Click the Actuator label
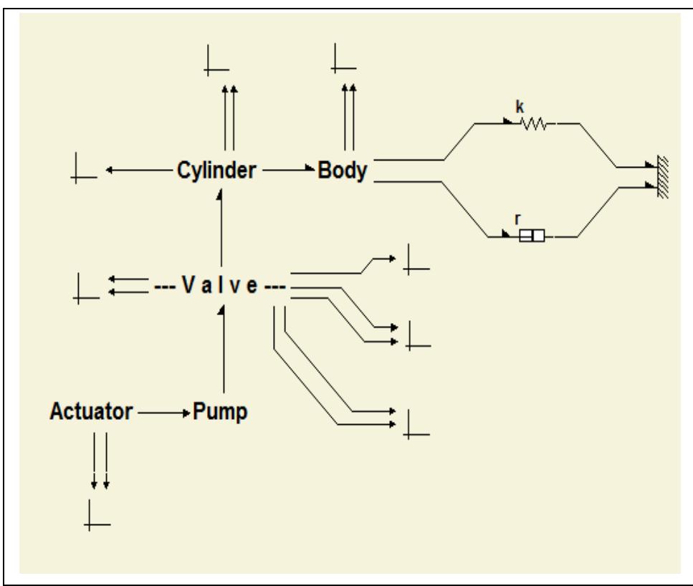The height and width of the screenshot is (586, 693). click(92, 413)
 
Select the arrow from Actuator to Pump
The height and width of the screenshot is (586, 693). click(164, 413)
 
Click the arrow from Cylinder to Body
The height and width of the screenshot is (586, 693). click(290, 170)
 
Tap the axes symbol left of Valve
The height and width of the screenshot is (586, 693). click(85, 287)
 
